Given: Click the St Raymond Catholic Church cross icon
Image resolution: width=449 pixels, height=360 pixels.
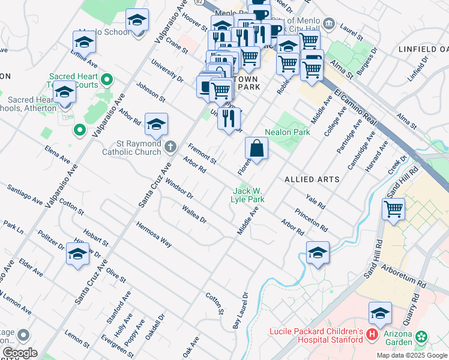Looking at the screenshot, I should [x=170, y=145].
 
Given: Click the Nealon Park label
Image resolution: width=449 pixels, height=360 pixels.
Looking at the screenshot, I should [x=287, y=132].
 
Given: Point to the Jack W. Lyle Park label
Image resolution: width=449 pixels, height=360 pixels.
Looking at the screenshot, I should [x=248, y=195].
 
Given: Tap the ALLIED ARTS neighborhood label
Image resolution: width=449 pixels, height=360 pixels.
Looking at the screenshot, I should [x=312, y=179].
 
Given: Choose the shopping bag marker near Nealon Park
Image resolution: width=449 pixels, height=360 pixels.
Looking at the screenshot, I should [x=256, y=149].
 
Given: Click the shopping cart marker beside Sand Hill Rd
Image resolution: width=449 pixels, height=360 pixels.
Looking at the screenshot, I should [x=393, y=210].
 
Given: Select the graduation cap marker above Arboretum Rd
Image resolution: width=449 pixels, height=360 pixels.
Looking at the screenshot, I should [x=318, y=253].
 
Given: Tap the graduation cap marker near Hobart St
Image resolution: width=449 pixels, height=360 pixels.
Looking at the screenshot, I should [x=78, y=254].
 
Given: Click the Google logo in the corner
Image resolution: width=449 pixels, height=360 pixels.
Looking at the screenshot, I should [x=19, y=353].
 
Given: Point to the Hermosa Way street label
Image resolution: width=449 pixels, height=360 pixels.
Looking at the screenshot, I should [x=154, y=233].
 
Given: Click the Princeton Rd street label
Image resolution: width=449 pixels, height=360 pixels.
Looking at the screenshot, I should [x=311, y=220].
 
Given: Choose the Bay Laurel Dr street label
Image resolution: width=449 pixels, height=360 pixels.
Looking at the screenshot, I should [x=240, y=310].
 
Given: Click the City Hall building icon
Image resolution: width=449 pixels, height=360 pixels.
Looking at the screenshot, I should [x=328, y=23].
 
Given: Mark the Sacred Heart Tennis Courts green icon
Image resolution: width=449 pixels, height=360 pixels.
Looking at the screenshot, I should [x=107, y=79].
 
